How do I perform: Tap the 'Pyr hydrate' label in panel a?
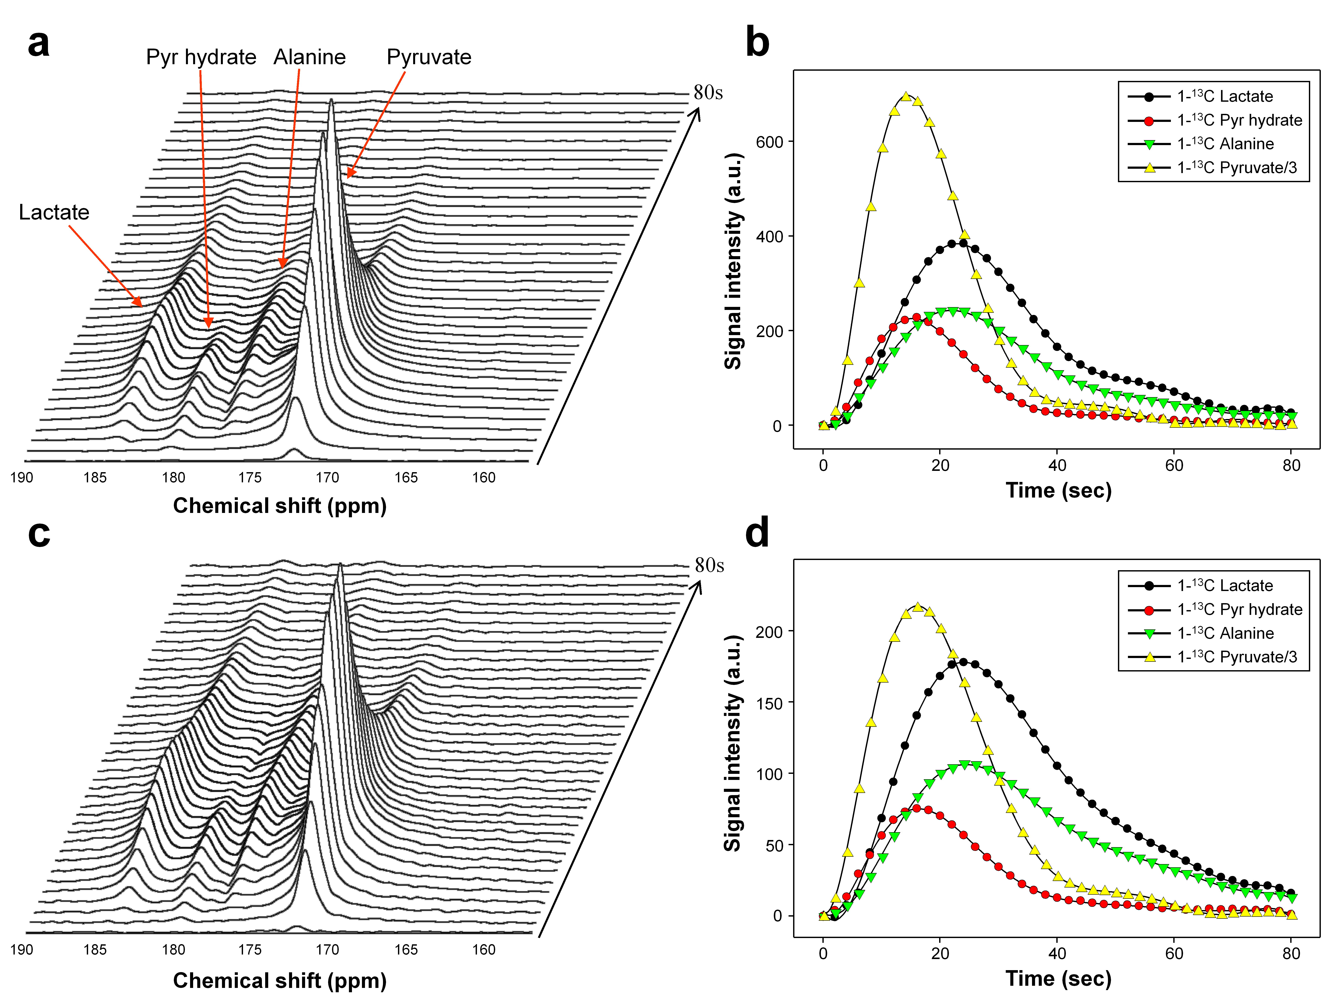point(201,57)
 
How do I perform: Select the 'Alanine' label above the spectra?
point(309,57)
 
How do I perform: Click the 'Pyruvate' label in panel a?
point(429,57)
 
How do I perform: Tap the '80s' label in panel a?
point(708,93)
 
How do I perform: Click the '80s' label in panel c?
point(709,565)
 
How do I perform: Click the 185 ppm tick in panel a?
point(95,478)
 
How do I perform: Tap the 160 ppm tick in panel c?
point(483,950)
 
